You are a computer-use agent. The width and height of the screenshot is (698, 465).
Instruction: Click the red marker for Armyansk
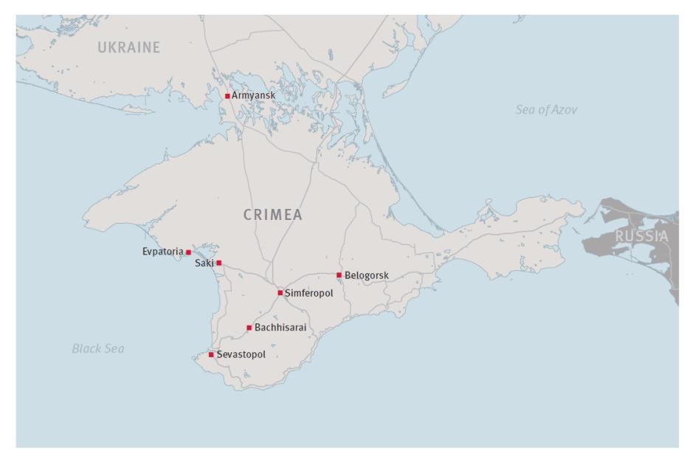(227, 96)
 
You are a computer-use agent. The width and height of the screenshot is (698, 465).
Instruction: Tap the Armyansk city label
(254, 95)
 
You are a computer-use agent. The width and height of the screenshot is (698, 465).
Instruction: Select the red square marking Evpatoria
(188, 252)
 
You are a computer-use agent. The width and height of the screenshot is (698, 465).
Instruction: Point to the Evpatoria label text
(162, 252)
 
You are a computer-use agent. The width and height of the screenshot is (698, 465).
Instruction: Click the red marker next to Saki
(219, 263)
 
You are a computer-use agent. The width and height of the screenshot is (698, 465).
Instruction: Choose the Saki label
(204, 263)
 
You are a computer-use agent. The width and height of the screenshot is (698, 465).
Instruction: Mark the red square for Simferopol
(280, 293)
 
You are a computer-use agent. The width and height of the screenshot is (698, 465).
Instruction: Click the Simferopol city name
(309, 293)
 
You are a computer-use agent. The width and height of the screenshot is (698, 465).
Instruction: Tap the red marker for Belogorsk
(339, 275)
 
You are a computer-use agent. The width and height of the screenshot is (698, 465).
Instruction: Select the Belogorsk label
(367, 275)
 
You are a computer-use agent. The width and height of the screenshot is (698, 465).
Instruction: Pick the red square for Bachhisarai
(249, 328)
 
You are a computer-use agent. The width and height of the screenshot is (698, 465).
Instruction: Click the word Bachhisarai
(280, 327)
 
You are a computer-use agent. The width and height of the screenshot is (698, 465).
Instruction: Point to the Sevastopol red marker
(211, 355)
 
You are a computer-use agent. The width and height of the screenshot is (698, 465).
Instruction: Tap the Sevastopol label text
(241, 354)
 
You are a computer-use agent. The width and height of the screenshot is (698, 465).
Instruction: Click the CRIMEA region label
(274, 215)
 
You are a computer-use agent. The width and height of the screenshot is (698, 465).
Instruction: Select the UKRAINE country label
(129, 49)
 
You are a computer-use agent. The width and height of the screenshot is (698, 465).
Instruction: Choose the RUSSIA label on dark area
(640, 237)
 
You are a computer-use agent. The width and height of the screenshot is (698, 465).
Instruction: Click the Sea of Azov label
(547, 110)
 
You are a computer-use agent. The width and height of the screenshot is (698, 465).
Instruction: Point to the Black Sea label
(98, 348)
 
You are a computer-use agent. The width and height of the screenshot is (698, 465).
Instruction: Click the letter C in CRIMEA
(249, 215)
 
